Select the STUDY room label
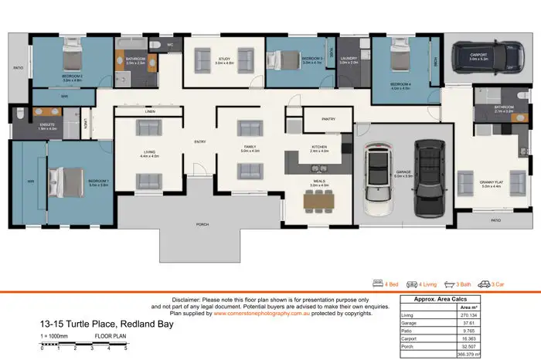(x=225, y=59)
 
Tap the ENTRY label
(x=200, y=141)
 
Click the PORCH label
(x=203, y=225)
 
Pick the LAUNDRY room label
(x=349, y=59)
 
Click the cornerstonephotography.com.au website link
(x=260, y=313)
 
